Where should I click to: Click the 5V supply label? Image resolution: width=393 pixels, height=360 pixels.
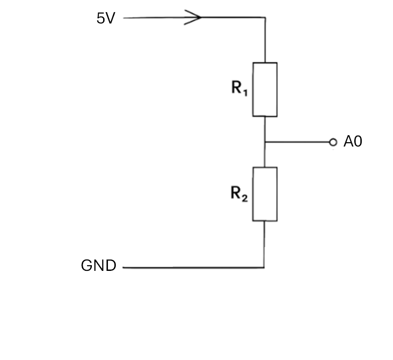tap(106, 18)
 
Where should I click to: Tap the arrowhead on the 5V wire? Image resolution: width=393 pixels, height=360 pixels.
tap(193, 17)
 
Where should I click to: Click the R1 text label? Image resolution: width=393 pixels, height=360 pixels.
tap(239, 88)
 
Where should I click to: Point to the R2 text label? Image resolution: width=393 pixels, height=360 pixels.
tap(239, 194)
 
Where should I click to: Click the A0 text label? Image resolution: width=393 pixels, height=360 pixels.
tap(353, 141)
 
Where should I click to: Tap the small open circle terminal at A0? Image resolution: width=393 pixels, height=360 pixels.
tap(333, 142)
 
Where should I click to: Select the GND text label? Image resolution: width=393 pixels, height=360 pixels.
tap(99, 265)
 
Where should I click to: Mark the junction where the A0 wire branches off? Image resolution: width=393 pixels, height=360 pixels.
tap(265, 142)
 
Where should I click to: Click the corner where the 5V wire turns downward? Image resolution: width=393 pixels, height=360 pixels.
tap(265, 17)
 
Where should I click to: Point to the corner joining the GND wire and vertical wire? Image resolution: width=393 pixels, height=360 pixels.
tap(264, 268)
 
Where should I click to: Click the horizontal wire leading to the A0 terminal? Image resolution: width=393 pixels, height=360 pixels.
tap(297, 142)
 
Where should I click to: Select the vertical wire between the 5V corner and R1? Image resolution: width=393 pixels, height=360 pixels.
tap(265, 40)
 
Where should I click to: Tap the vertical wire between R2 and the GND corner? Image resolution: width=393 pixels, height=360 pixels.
tap(264, 244)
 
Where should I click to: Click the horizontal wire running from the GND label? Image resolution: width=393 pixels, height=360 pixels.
tap(193, 268)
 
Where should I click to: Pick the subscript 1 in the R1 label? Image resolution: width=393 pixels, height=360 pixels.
tap(245, 93)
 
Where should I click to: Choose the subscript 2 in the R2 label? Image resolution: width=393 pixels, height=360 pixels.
tap(245, 198)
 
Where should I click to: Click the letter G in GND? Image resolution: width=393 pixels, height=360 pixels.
tap(87, 265)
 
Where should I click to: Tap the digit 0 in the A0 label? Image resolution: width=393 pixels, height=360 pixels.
tap(358, 141)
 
